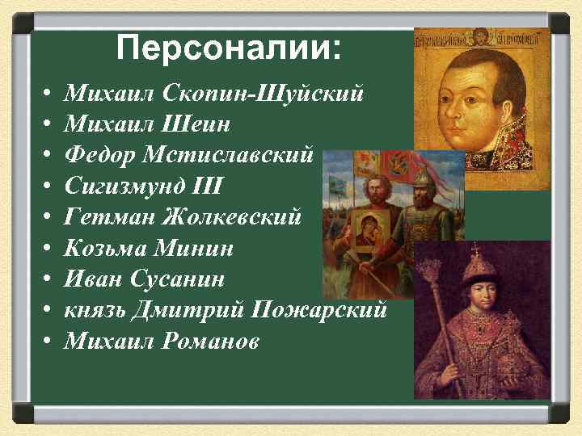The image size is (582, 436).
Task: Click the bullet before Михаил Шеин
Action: [x=48, y=124]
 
